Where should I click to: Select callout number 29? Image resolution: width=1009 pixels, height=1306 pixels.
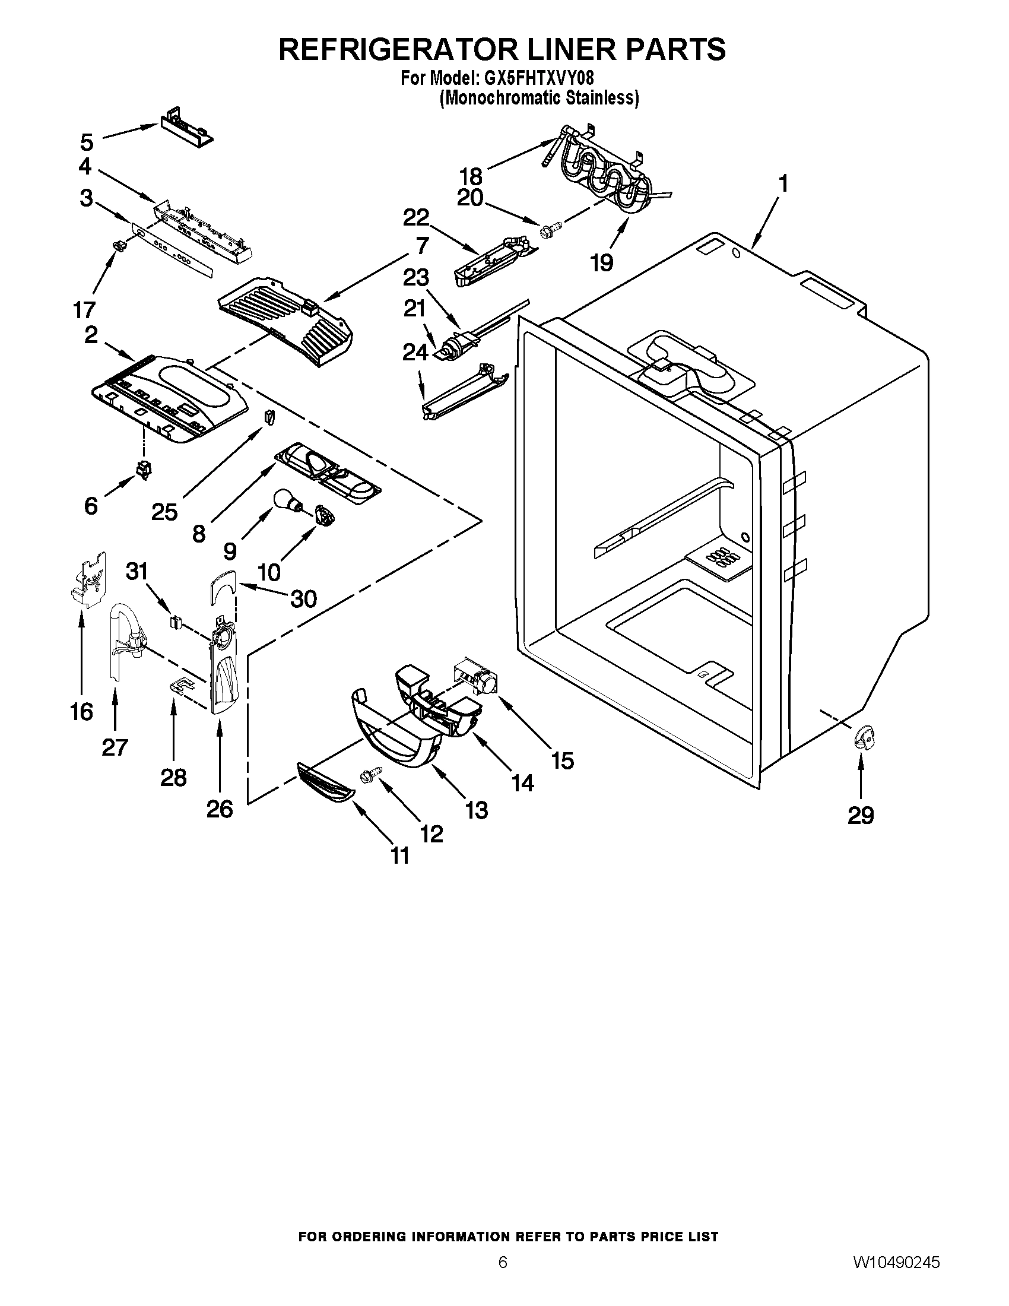(x=861, y=814)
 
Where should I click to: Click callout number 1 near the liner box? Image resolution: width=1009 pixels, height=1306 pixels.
(x=782, y=183)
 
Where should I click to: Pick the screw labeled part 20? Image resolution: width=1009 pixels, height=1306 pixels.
(x=550, y=229)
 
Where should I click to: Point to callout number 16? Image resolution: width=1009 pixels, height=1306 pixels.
(x=82, y=712)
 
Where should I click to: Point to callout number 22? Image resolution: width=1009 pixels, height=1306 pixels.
(x=416, y=217)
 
